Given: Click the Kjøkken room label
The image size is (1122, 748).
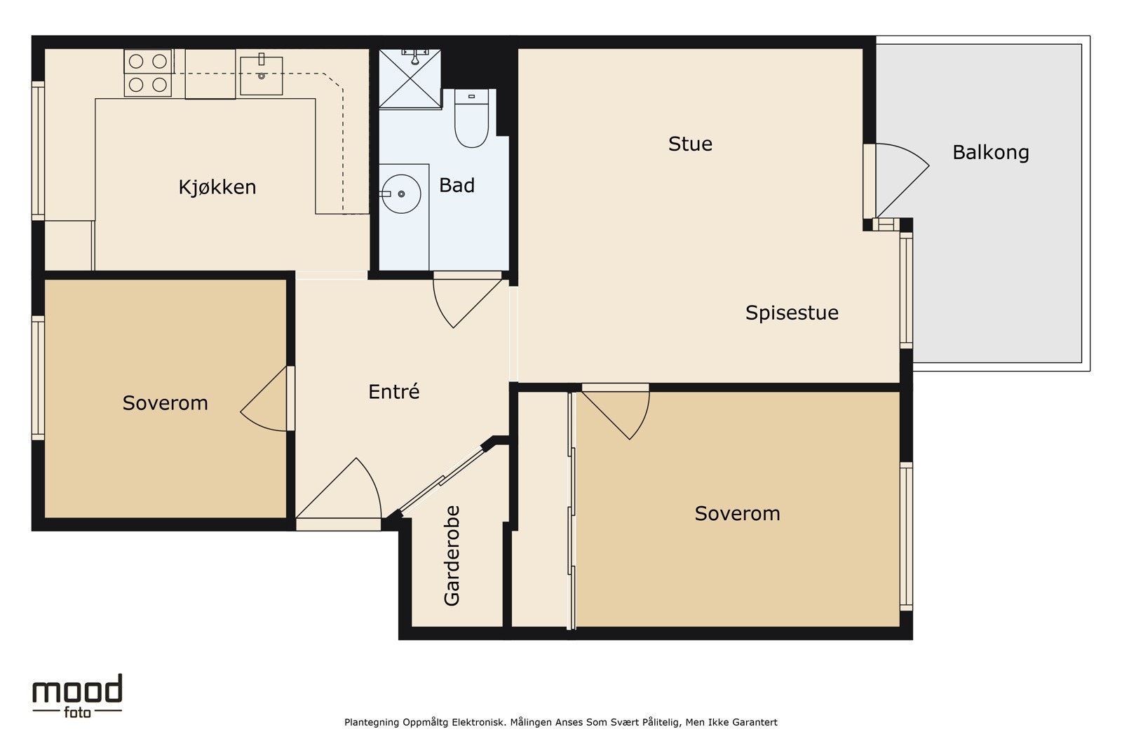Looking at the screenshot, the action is coord(217,187).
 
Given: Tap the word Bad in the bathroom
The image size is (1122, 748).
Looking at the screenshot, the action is coord(457,185).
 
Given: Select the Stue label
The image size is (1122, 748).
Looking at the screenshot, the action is coord(690,144).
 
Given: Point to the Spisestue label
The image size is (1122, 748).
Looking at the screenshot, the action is coord(792,313).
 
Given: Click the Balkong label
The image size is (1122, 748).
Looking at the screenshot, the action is coord(991,152).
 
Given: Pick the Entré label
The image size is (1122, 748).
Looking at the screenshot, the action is coord(393,391).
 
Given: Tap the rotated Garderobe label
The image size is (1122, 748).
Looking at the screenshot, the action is coord(452,556).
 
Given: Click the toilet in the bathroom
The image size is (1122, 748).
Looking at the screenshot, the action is coord(471,118).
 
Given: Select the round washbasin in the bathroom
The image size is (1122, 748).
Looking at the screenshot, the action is coord(400,193).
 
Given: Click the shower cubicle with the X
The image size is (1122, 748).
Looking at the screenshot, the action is coord(410,79).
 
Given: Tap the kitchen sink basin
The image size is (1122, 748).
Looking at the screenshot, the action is coord(261,76).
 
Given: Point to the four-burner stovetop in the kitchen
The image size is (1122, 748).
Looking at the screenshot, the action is coord(148,73).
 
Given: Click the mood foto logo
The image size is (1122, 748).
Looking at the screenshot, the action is coord(78,696).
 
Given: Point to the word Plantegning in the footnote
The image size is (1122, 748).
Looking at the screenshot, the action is coord(372,723).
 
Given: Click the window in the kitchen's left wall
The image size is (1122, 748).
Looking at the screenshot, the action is coord(38,151).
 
